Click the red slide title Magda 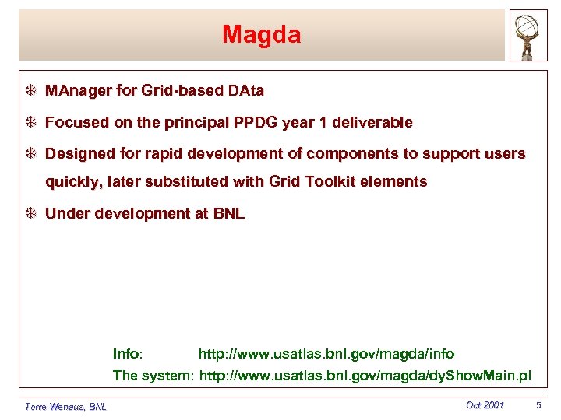(x=261, y=35)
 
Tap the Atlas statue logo (x=528, y=36)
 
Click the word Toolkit (x=339, y=182)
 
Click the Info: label (x=128, y=355)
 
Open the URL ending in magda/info (x=326, y=355)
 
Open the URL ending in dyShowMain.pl (x=365, y=376)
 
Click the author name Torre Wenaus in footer (x=65, y=406)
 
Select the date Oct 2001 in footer (x=485, y=405)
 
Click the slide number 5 (x=538, y=405)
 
